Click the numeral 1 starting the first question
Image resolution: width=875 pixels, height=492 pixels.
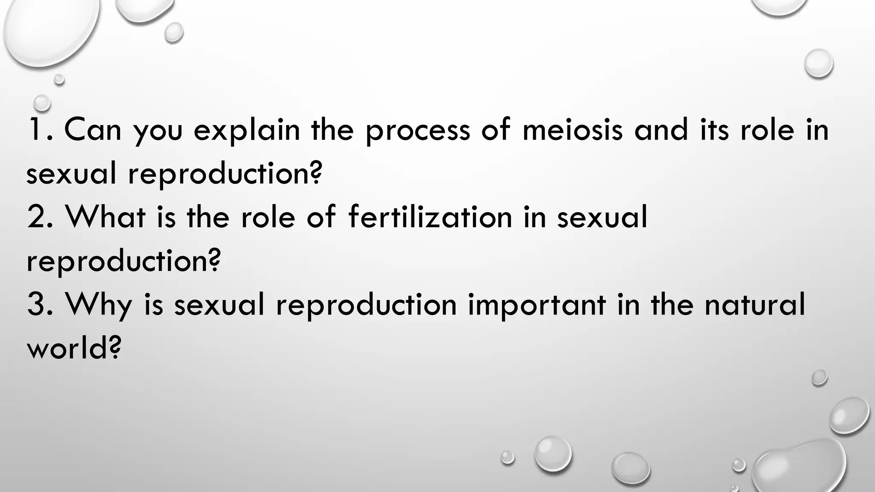coord(34,130)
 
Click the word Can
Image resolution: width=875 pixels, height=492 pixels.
coord(93,130)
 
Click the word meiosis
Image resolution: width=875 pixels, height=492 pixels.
coord(572,130)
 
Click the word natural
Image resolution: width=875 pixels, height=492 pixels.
coord(755,305)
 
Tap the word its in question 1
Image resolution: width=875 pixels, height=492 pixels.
coord(714,130)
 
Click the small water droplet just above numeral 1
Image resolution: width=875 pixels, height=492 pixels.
coord(42,102)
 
